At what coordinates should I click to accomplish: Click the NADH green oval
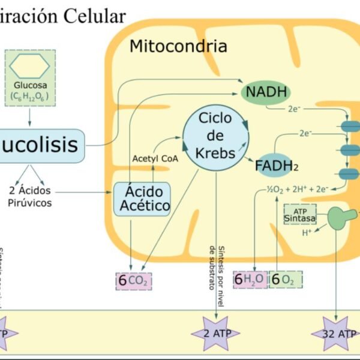265,92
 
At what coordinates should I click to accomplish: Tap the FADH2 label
277,164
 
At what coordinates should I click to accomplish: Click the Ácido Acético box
142,199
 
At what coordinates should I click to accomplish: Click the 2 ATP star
215,332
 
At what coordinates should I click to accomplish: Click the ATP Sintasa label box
300,214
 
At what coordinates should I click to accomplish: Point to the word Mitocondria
178,46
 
